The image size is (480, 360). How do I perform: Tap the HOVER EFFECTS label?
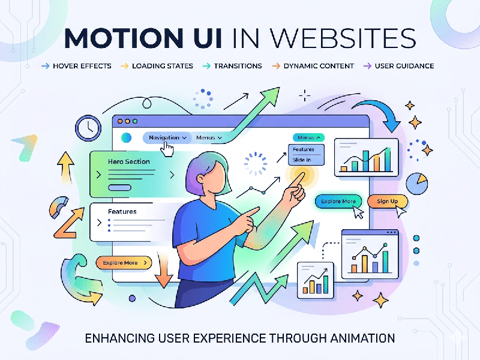click(x=82, y=66)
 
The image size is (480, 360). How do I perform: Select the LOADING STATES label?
click(x=162, y=66)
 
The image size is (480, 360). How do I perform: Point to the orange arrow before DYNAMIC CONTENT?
click(x=276, y=66)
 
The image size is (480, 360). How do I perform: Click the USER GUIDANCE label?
click(x=404, y=66)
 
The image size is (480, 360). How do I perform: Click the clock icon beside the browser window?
click(x=88, y=127)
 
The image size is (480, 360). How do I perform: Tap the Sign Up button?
click(x=387, y=200)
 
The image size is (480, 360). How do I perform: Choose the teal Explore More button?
click(x=338, y=201)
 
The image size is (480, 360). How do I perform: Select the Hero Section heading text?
click(x=129, y=161)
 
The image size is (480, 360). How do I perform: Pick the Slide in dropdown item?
click(x=302, y=160)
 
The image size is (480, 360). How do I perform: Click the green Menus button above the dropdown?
click(x=309, y=137)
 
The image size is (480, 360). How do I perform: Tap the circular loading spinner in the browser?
click(x=255, y=164)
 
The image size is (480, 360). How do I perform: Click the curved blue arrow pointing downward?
click(x=378, y=113)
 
